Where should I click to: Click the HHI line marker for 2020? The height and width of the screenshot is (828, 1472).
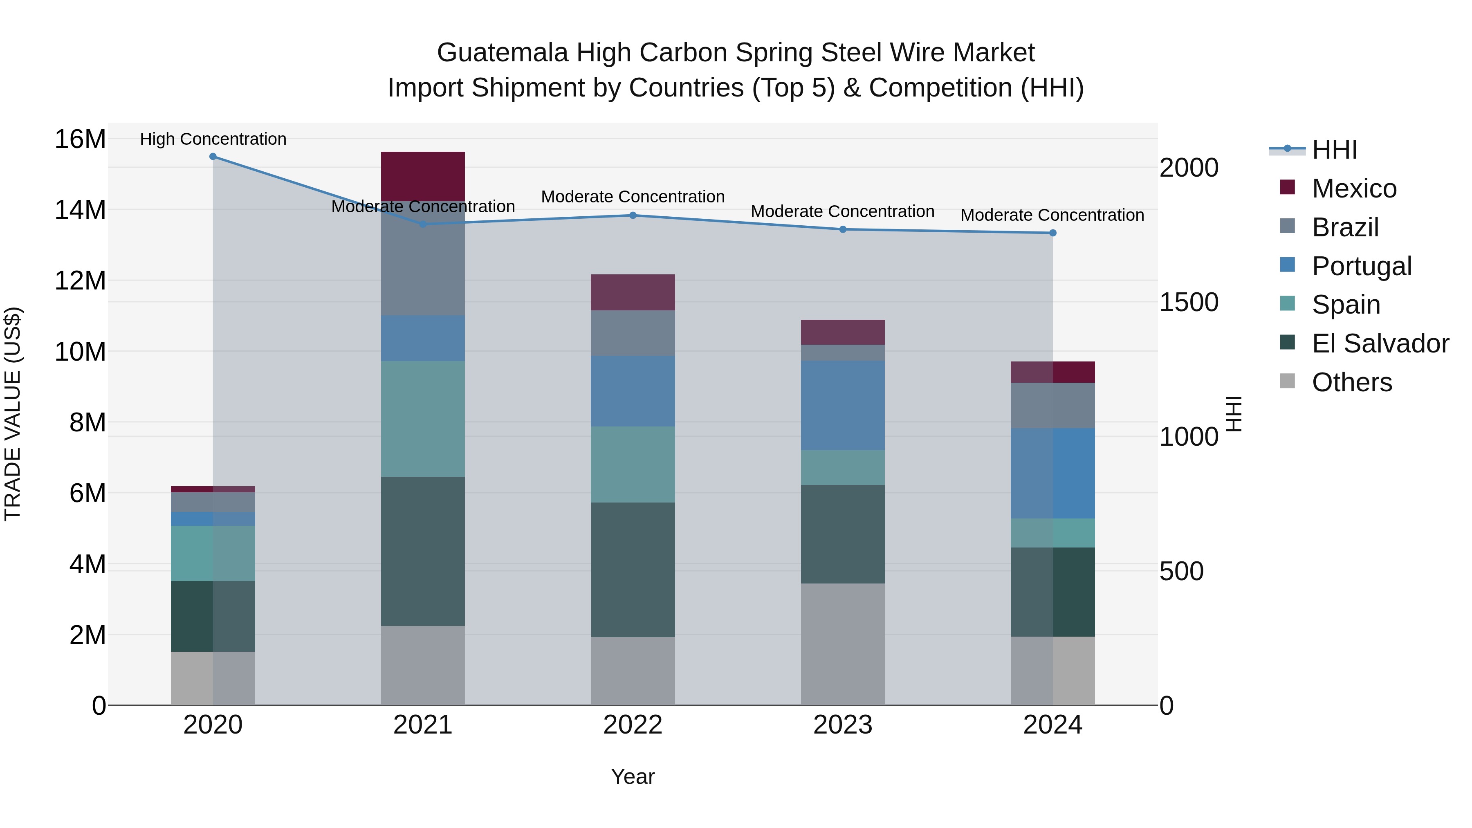coord(213,157)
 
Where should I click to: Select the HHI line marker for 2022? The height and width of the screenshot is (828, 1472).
coord(633,215)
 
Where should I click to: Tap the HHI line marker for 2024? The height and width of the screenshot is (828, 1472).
coord(1052,233)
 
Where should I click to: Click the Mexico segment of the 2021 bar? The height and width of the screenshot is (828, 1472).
coord(423,176)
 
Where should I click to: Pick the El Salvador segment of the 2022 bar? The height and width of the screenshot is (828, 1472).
coord(633,570)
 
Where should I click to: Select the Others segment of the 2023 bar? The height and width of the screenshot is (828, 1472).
coord(842,644)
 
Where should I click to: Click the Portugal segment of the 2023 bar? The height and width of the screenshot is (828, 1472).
coord(842,405)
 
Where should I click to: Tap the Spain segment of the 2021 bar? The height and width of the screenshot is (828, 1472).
coord(423,419)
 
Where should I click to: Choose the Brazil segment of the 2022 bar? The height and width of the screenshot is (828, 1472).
coord(633,333)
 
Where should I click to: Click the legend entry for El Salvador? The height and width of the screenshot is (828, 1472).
coord(1380,343)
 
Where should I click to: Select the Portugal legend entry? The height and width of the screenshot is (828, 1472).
coord(1361,266)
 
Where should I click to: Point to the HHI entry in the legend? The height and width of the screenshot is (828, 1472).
coord(1334,150)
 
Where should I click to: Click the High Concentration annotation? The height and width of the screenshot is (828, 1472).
coord(213,139)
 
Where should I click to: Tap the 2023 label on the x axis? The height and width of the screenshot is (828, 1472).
coord(842,725)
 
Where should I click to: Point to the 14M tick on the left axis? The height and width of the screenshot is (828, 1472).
coord(80,210)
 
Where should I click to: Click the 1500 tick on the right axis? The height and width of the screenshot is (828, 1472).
coord(1189,302)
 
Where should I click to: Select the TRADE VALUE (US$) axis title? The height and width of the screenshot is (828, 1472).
coord(13,414)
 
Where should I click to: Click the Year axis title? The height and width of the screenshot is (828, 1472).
coord(633,776)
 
